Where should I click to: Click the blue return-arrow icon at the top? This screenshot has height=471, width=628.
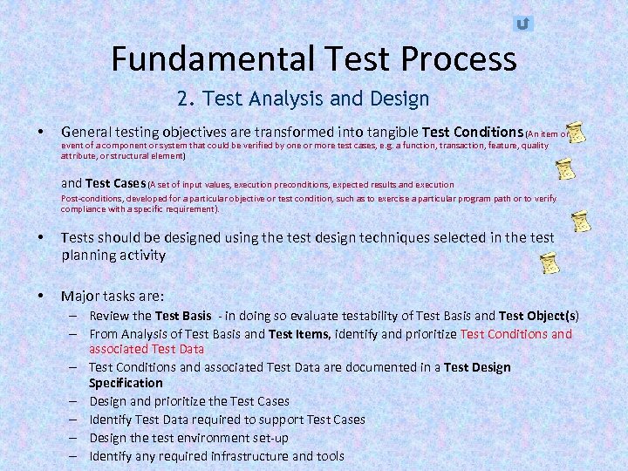coord(522,24)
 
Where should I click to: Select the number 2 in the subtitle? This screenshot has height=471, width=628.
coord(181,99)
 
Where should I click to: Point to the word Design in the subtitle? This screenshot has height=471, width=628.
coord(399,99)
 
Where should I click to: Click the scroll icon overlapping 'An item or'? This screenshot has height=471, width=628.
coord(576,133)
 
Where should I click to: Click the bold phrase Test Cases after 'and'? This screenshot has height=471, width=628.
coord(115,183)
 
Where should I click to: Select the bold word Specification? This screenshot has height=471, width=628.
coord(126,383)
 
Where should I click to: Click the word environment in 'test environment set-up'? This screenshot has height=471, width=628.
coord(203,438)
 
